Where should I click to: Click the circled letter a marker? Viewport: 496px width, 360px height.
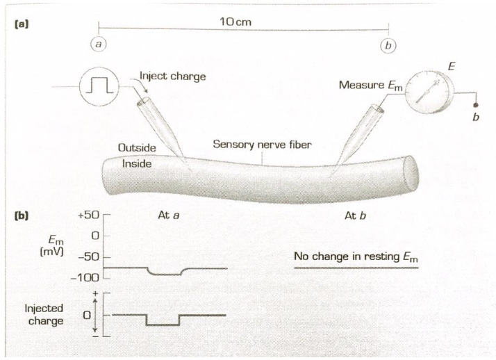[x=101, y=42]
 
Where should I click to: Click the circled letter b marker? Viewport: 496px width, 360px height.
[x=388, y=44]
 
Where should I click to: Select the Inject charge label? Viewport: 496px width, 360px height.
[x=173, y=76]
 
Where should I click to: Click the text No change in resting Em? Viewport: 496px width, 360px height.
[x=357, y=259]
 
